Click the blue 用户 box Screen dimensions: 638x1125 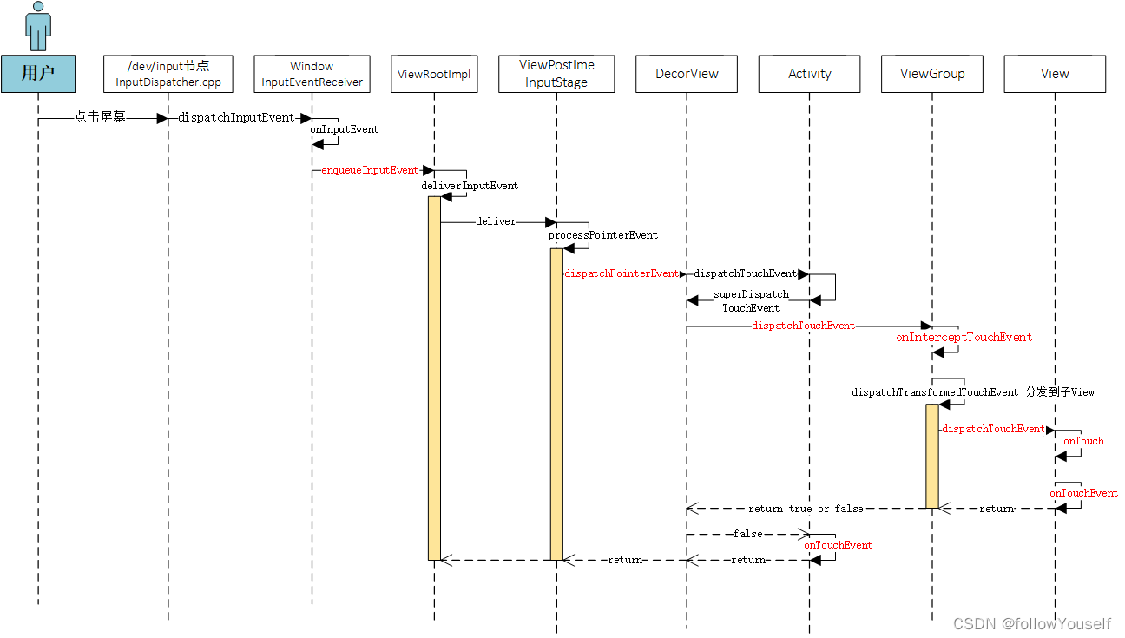(38, 74)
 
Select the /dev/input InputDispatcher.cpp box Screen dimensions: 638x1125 (168, 74)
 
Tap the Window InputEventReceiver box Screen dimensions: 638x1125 (312, 74)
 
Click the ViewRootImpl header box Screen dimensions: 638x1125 (433, 74)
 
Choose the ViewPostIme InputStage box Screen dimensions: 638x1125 (556, 74)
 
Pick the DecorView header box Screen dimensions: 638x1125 (687, 74)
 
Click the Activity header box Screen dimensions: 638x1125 (809, 74)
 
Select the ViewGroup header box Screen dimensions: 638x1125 (932, 74)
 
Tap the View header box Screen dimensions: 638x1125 (1055, 74)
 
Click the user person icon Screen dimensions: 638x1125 (38, 26)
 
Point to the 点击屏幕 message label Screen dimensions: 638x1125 (100, 117)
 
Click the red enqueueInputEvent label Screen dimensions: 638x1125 (370, 170)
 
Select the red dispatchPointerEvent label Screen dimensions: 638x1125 (622, 273)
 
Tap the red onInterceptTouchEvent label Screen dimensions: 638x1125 (964, 337)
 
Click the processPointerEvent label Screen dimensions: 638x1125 (602, 235)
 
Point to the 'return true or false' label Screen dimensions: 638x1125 (806, 509)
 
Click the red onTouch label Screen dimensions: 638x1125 (1083, 441)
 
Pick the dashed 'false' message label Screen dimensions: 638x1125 (747, 534)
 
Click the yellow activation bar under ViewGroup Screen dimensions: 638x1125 (931, 456)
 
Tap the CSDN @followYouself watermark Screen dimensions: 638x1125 (1031, 624)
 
